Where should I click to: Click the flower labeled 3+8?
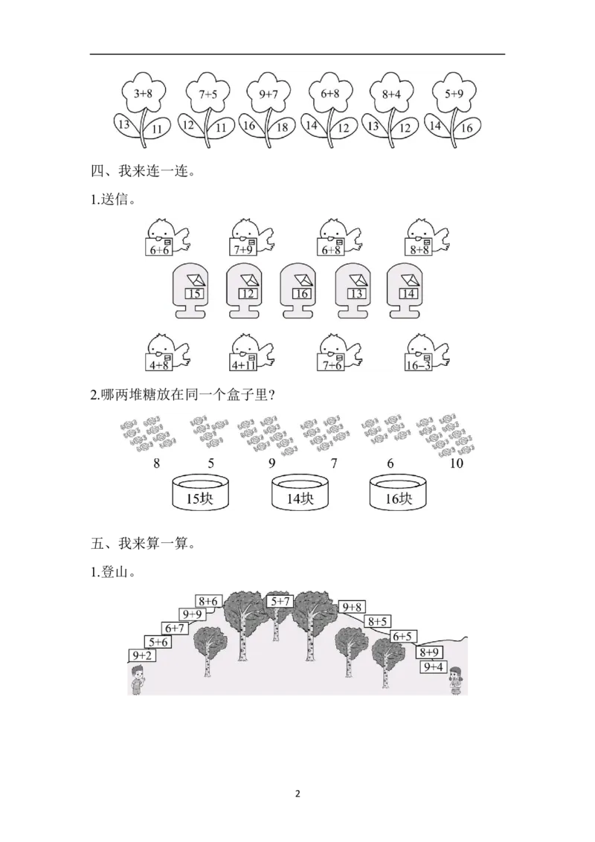(143, 94)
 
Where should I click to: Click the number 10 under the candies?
(457, 464)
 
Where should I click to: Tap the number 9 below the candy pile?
(272, 464)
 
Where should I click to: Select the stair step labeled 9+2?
(142, 655)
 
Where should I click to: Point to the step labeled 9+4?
(434, 667)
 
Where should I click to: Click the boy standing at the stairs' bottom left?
(137, 681)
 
